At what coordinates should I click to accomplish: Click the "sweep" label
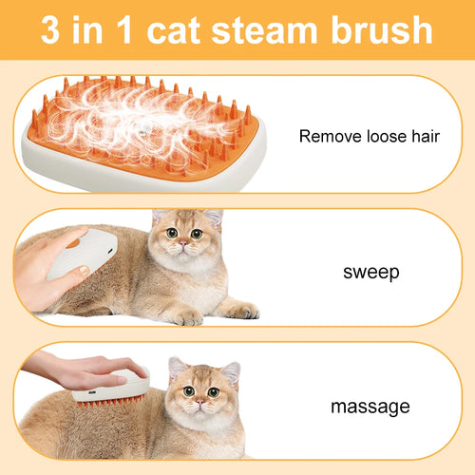pyautogui.click(x=370, y=274)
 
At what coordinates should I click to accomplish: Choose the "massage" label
pyautogui.click(x=370, y=407)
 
